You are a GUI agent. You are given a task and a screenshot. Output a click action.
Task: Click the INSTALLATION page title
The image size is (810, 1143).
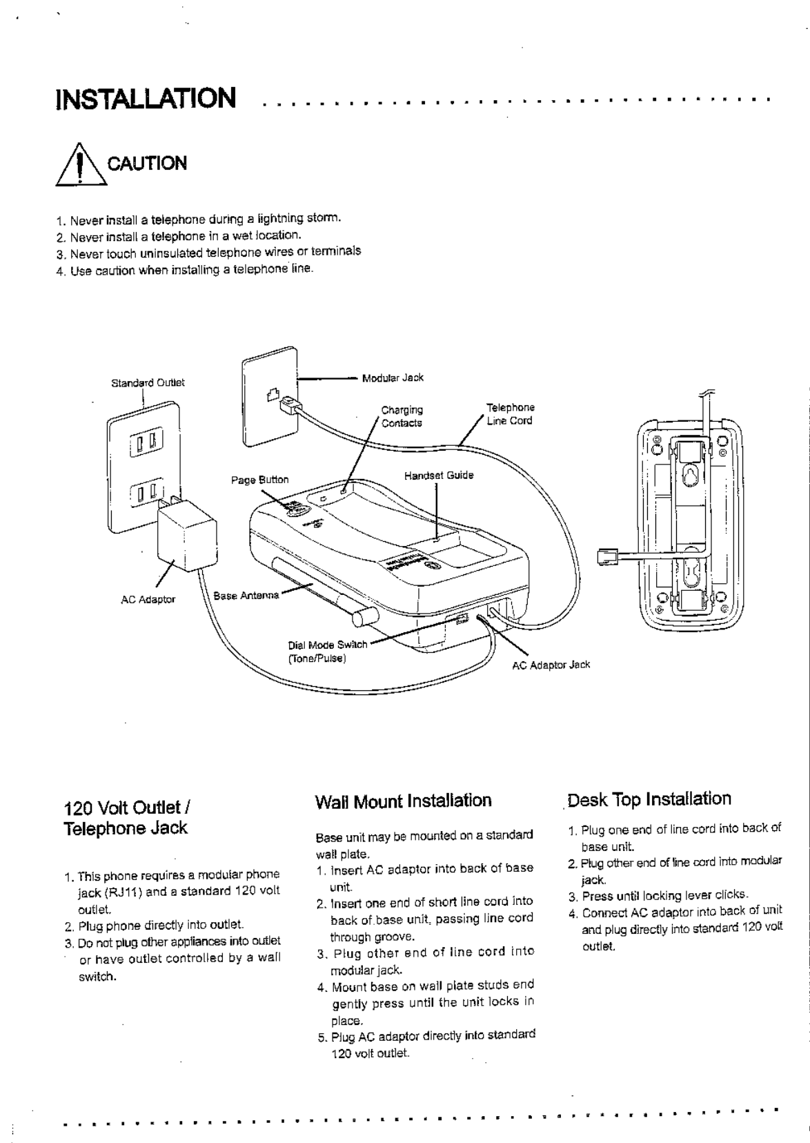146,98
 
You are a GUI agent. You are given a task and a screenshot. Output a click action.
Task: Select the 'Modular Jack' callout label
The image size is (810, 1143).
393,378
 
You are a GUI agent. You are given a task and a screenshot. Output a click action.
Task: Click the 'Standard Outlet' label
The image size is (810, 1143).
148,382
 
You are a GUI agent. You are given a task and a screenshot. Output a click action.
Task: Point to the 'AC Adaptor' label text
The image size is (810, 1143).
148,599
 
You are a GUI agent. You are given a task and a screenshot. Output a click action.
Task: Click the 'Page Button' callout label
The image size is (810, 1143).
259,480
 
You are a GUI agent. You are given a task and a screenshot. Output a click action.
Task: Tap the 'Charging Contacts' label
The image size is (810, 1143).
402,416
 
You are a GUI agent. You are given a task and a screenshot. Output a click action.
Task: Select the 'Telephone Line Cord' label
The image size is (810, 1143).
510,414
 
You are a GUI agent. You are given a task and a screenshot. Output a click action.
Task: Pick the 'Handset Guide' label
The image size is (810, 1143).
439,476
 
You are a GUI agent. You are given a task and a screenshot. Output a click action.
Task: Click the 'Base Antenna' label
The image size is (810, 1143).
246,595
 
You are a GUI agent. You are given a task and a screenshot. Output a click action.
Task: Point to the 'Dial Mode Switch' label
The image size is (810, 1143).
327,645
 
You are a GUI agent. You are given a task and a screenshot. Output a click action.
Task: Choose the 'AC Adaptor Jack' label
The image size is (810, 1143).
551,665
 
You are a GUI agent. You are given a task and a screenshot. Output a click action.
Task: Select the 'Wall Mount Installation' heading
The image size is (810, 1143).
403,801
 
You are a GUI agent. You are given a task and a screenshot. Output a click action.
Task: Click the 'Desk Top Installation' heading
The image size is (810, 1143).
649,799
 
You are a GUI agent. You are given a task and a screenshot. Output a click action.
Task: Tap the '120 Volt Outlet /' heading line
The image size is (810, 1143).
127,808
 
